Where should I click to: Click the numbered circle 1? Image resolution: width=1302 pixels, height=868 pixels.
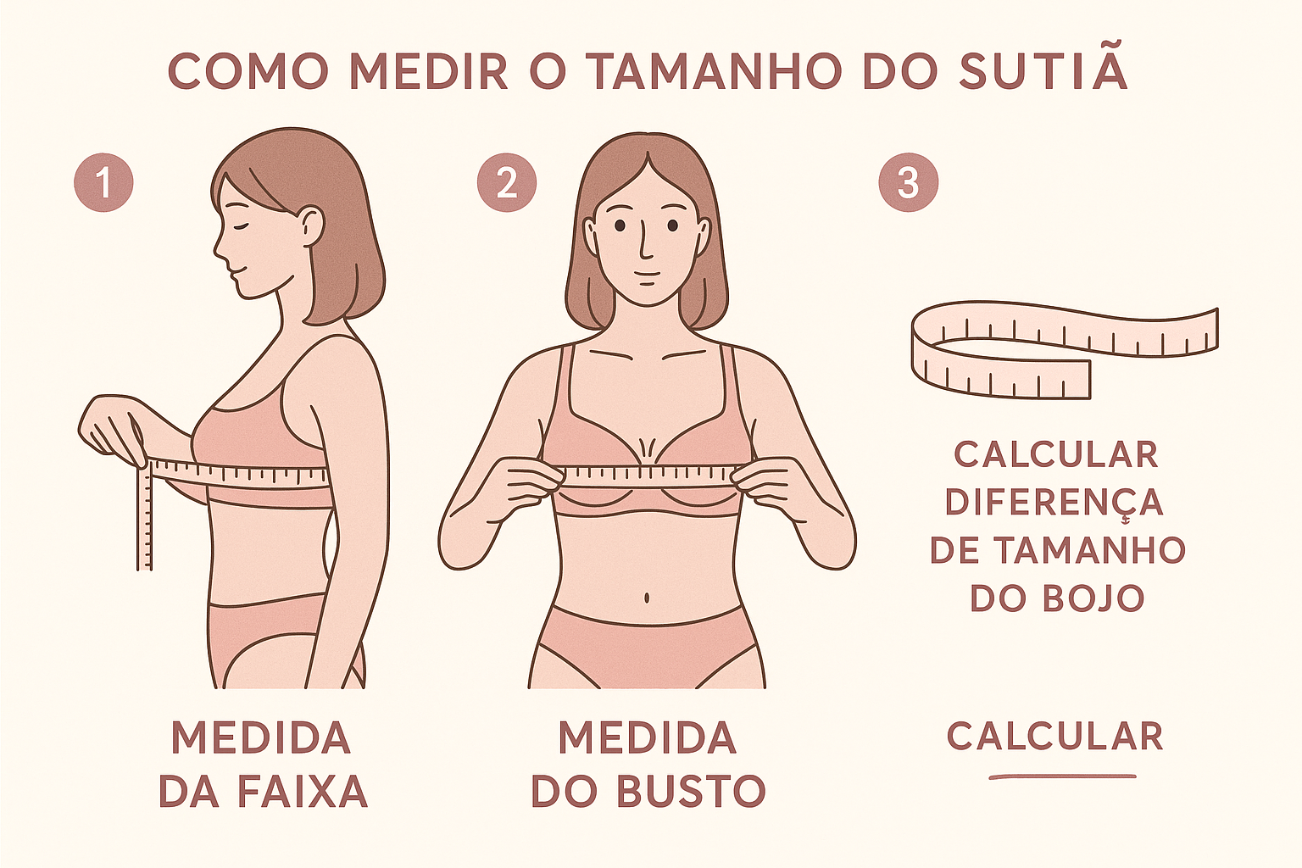103,182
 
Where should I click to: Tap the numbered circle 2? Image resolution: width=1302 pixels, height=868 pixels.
507,182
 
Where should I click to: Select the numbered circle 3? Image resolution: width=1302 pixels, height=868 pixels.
909,182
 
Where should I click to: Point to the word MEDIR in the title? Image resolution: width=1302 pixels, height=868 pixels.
430,71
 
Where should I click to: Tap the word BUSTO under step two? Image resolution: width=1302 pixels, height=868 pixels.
691,791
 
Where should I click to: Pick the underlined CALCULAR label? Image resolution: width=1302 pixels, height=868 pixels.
1055,736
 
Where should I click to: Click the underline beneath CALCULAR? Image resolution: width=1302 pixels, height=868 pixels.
1062,776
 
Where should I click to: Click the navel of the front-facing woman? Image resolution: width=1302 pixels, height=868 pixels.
647,597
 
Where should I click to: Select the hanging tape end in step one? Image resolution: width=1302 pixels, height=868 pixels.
144,516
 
